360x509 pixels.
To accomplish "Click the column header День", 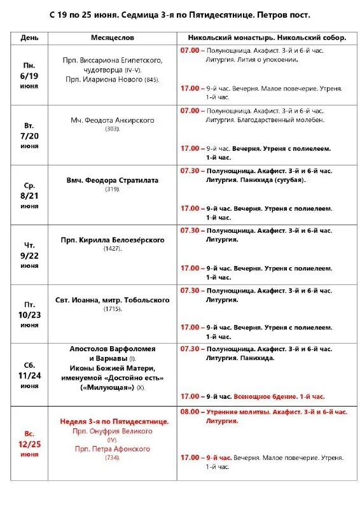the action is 29,38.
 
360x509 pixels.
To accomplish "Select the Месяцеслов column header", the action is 111,38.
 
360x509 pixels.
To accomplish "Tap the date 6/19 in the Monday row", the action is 30,75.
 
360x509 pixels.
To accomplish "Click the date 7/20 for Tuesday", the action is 30,136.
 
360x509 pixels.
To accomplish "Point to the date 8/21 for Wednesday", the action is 30,196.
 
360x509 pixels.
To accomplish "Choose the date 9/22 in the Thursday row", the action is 30,255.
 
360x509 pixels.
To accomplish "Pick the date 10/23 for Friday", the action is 30,314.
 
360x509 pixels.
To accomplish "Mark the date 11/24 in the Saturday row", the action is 30,375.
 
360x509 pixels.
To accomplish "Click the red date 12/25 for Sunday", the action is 30,443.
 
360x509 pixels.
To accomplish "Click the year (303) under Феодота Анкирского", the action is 113,129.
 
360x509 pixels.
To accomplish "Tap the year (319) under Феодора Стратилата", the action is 113,189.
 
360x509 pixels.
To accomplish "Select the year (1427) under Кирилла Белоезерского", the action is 113,249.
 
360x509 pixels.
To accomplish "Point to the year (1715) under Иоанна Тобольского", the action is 113,309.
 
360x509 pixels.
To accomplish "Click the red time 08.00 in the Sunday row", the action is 190,412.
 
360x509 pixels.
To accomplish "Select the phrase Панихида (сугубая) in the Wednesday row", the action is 275,179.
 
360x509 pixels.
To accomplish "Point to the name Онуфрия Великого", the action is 121,431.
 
